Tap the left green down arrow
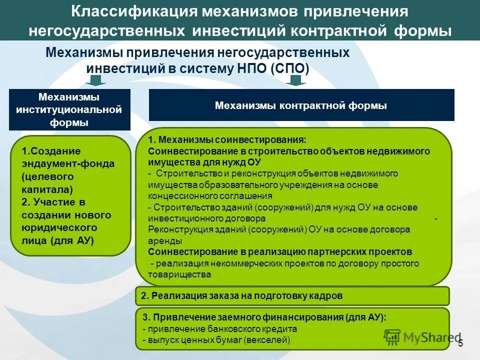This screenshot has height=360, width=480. click(x=97, y=80)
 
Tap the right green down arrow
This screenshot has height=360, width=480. click(x=297, y=80)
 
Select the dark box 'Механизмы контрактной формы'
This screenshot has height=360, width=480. click(x=301, y=105)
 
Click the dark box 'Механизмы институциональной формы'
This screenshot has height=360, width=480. click(x=69, y=109)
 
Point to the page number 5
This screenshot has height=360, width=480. click(x=460, y=343)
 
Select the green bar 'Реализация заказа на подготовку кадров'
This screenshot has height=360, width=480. click(x=292, y=295)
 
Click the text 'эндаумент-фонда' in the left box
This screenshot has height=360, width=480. click(x=68, y=163)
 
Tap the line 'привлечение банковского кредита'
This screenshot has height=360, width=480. click(x=220, y=329)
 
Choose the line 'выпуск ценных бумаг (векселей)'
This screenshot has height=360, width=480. click(x=216, y=340)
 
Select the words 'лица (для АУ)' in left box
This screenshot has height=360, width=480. click(x=58, y=240)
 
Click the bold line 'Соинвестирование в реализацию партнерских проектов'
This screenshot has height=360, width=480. click(x=280, y=251)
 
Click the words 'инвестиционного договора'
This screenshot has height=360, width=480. click(x=206, y=218)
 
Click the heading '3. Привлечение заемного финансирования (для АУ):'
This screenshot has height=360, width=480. click(x=264, y=317)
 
